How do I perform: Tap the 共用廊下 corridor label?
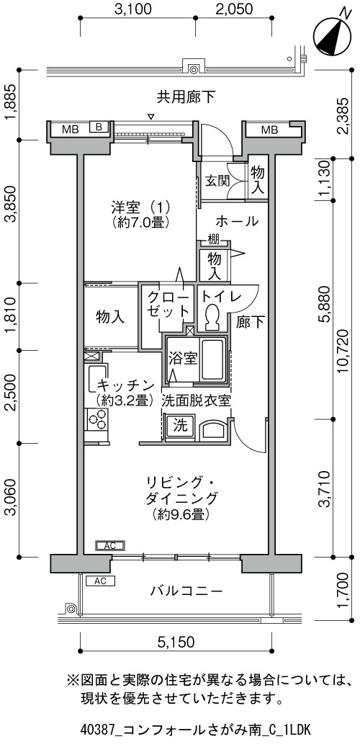186,98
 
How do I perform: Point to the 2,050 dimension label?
235,9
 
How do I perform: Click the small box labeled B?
99,127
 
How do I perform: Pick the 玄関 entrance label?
217,181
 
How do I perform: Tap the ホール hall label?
238,221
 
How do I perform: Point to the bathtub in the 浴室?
212,359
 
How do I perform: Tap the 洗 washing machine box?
179,426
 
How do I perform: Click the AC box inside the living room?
110,545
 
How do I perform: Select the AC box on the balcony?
100,581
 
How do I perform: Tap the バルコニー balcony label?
186,591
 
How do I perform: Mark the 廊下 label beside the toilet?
250,323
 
